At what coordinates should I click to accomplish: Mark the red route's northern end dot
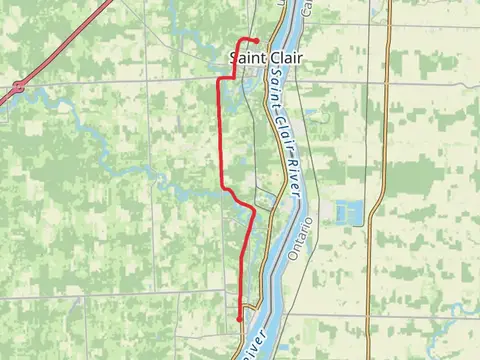point(257,40)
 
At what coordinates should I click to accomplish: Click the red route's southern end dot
point(240,318)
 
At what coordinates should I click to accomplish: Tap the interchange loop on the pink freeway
point(18,88)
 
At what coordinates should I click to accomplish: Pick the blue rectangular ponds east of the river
point(351,212)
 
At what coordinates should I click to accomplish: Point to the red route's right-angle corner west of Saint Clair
point(219,77)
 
